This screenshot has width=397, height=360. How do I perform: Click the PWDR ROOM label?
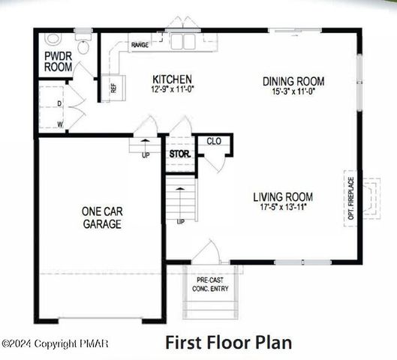pos(59,61)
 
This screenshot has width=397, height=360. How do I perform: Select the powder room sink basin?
pos(53,40)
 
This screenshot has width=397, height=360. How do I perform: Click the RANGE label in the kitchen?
pos(140,45)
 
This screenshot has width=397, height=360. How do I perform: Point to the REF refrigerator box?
pos(113,88)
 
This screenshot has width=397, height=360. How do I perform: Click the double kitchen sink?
pos(183,41)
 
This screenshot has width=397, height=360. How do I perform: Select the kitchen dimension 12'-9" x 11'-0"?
pos(173,89)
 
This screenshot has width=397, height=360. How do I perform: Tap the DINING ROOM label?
pos(293,81)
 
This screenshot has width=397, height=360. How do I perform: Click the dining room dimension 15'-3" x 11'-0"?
pos(293,91)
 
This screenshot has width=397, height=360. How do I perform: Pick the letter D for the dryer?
pos(59,103)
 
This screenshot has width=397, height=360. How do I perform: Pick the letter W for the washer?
pos(60,124)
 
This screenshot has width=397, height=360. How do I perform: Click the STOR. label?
pos(180,154)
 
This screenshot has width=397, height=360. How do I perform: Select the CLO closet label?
pos(214,141)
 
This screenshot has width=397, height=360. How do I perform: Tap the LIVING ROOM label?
pos(283,196)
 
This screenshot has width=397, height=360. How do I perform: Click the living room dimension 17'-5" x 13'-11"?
pos(284,207)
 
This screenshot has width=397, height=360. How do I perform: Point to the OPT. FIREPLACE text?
pos(351,198)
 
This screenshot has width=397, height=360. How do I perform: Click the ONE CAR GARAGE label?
pos(102,217)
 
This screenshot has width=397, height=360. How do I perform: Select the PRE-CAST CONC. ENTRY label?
pos(210,284)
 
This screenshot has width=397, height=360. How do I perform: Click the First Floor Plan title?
pos(229,342)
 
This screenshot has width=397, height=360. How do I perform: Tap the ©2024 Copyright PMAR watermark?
pos(55,343)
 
